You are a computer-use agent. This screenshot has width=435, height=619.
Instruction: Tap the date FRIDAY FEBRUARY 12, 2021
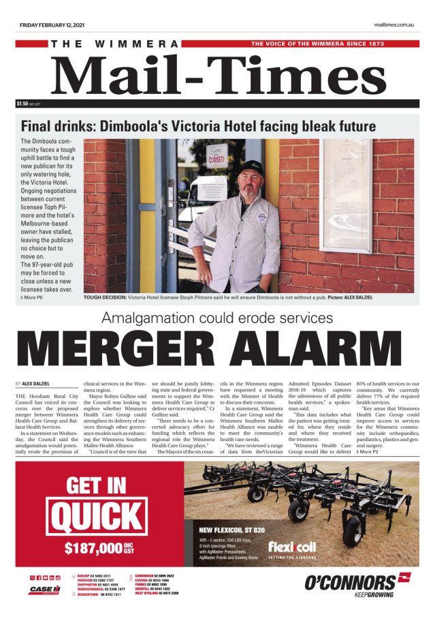52,25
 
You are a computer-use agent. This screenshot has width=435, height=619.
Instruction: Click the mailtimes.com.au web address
394,25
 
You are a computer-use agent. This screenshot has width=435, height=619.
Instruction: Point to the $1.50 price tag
23,104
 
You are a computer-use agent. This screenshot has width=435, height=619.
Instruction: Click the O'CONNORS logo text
351,582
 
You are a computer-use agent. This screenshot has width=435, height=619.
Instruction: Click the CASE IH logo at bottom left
45,590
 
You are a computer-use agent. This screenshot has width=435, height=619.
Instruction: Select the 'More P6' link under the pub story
32,298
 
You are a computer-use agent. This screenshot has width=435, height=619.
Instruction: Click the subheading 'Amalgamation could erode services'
217,318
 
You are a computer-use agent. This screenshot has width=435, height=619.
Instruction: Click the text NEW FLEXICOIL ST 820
232,529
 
